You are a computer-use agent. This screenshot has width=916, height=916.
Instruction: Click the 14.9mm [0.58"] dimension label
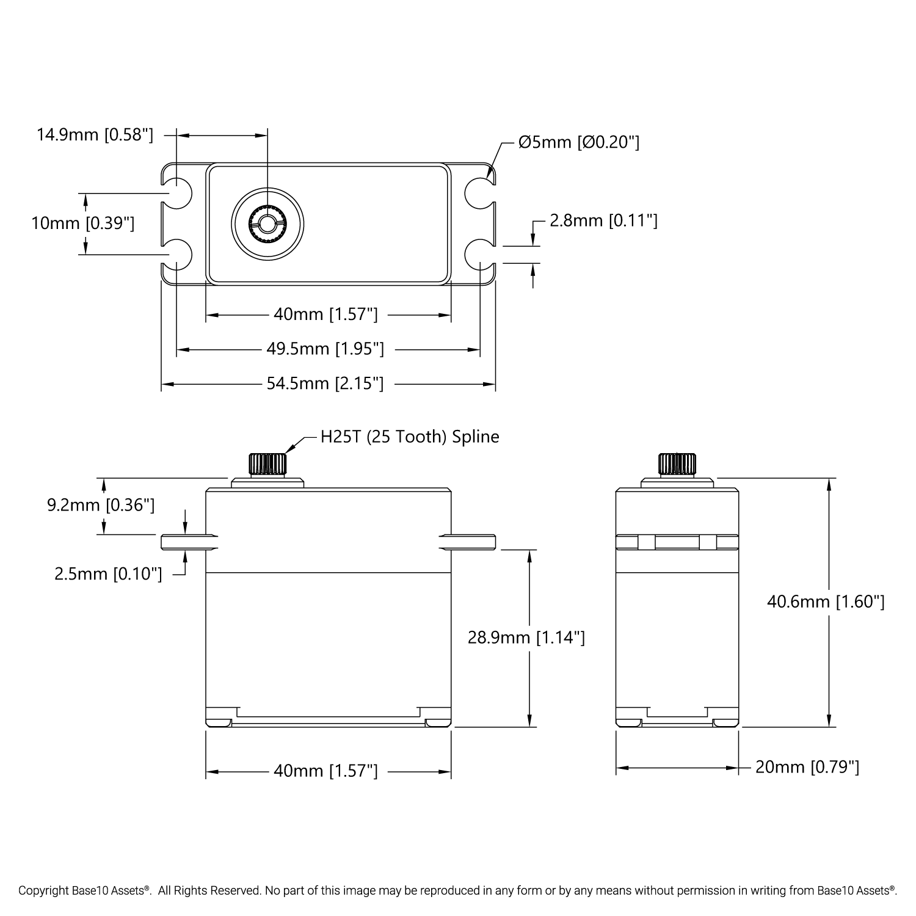95,134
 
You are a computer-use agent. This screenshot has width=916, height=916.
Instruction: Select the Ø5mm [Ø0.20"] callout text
578,142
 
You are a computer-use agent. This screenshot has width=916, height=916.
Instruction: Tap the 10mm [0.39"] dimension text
82,224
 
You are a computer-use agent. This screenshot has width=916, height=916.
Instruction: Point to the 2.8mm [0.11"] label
603,220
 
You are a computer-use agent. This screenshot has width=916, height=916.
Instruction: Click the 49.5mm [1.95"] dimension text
325,349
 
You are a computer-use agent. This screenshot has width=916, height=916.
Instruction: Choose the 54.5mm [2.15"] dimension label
325,383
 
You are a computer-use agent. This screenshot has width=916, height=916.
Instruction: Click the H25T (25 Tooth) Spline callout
410,437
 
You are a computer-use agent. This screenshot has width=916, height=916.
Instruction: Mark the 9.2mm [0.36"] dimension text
101,505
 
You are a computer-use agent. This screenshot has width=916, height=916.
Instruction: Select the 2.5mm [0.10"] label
108,573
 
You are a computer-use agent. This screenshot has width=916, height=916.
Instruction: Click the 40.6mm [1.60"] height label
826,602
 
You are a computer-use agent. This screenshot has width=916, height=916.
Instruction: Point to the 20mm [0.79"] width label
807,767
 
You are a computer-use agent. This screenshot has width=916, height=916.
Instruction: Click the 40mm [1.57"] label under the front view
325,771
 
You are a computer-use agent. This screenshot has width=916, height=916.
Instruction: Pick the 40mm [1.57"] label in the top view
325,314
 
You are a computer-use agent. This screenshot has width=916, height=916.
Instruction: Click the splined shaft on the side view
677,463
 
